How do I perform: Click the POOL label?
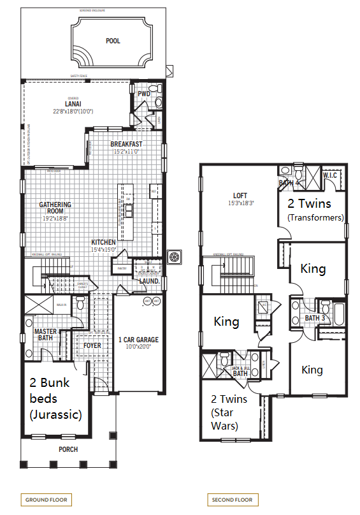click(x=113, y=41)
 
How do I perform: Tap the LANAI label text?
click(x=72, y=103)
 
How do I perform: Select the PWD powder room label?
click(x=144, y=93)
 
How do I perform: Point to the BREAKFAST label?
click(x=126, y=144)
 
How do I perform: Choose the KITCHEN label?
click(x=103, y=242)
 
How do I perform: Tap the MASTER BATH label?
click(x=45, y=335)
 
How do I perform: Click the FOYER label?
click(x=92, y=345)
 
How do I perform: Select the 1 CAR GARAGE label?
click(x=138, y=340)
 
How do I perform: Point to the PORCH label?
click(x=68, y=449)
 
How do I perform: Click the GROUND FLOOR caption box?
click(x=47, y=500)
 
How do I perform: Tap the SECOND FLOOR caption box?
click(x=231, y=500)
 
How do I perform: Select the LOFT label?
click(x=240, y=196)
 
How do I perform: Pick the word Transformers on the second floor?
click(x=315, y=217)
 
